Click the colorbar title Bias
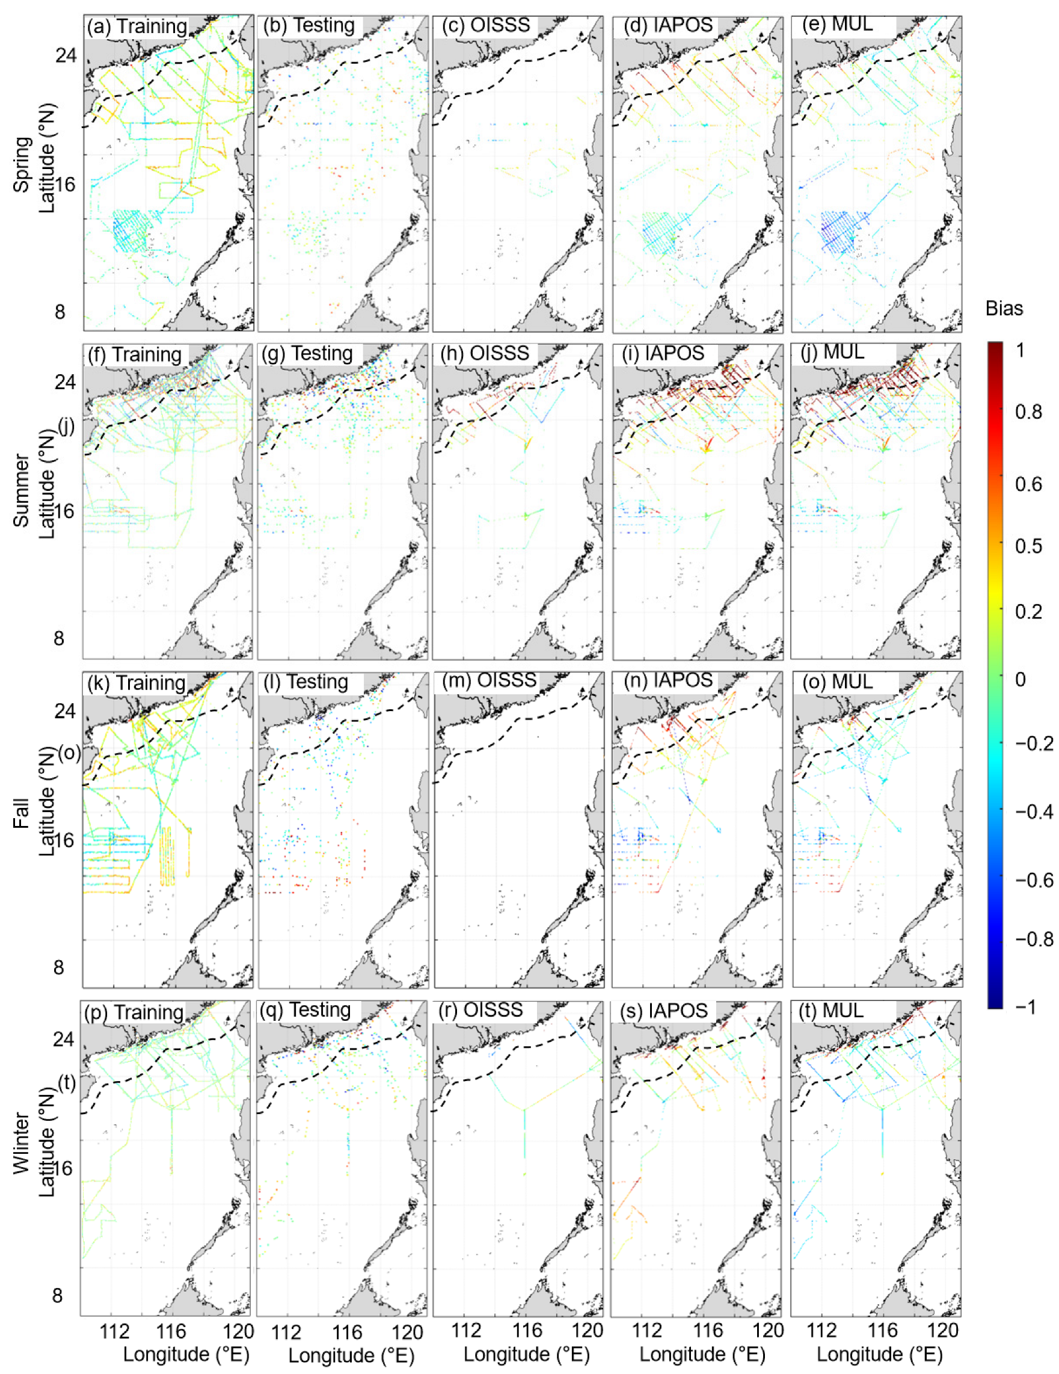[1004, 308]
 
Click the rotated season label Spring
[23, 165]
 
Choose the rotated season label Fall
[23, 813]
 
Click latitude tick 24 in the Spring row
[66, 55]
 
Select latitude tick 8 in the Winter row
[57, 1296]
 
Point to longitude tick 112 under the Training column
[114, 1332]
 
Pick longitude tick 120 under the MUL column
[943, 1331]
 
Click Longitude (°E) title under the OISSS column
[526, 1355]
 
